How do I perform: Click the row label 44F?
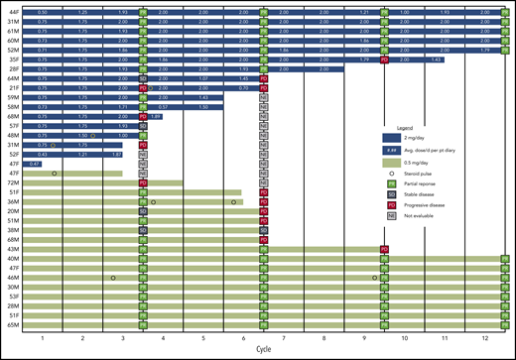coord(12,10)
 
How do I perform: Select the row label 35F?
coord(12,59)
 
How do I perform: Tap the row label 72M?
coord(12,182)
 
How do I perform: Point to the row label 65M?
coord(12,324)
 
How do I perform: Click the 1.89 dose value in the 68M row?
coord(156,116)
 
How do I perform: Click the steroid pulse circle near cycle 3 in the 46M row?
coord(114,278)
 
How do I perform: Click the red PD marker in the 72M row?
coord(144,182)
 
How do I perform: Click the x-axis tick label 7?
coord(284,338)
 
